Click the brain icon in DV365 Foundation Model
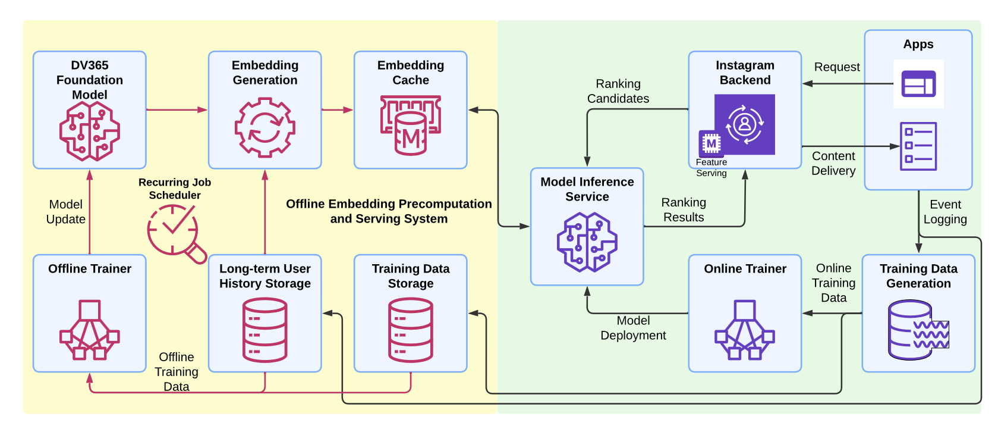89,131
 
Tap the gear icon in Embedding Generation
265,127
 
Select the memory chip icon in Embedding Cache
410,126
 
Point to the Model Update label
66,212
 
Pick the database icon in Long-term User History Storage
265,330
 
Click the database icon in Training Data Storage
410,330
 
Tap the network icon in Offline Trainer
89,330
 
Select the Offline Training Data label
177,372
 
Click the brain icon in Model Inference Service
587,242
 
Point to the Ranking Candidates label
618,91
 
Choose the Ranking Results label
684,210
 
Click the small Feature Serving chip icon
711,143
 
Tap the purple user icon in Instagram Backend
745,124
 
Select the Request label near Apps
837,67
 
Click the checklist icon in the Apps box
918,146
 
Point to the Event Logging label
945,212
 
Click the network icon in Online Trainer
744,330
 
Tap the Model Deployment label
633,328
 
